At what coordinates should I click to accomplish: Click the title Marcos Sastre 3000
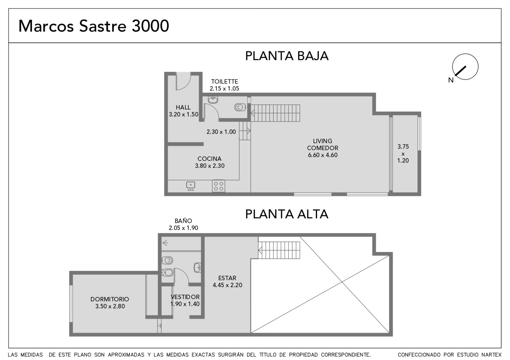[x=94, y=26]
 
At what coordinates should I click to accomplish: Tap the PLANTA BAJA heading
[x=287, y=56]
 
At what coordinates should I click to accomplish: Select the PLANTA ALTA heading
[x=287, y=214]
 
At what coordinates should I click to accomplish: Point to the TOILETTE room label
[x=224, y=82]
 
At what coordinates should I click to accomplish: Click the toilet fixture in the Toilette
[x=240, y=107]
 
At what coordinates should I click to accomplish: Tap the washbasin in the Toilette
[x=213, y=99]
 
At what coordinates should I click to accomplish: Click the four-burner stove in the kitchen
[x=219, y=186]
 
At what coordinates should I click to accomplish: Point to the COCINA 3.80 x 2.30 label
[x=210, y=162]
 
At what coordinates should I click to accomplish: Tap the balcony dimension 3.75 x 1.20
[x=403, y=154]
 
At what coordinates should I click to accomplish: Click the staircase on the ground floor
[x=275, y=113]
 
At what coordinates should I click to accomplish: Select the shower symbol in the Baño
[x=165, y=243]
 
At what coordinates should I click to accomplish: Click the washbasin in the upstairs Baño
[x=198, y=267]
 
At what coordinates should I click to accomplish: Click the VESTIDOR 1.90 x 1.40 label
[x=185, y=300]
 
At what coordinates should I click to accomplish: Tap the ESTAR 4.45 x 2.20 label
[x=228, y=282]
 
